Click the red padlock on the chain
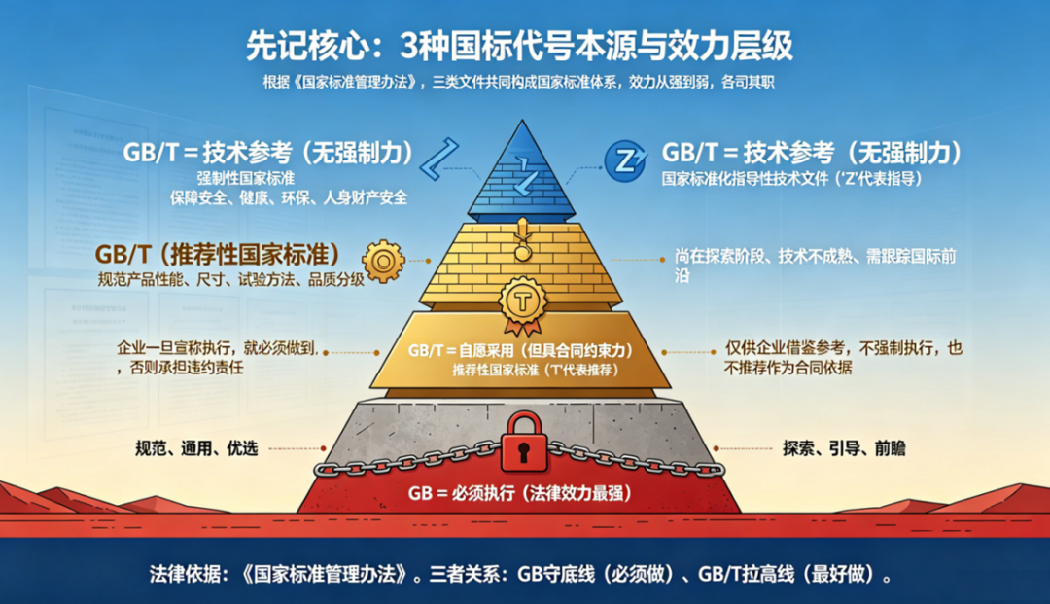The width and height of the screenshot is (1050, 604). pos(524,443)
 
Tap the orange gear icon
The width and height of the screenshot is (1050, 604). pos(383,262)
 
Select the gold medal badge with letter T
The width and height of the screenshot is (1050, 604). pos(522,305)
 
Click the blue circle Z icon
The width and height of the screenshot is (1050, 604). pos(625,160)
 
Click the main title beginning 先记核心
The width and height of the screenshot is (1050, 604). pos(519,46)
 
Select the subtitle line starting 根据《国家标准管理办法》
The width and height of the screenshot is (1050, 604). pos(518,83)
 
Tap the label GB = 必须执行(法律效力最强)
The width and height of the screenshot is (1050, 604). pos(519,493)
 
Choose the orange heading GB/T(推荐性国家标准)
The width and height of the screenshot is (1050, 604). pos(218,255)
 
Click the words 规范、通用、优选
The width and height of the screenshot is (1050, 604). pos(196,448)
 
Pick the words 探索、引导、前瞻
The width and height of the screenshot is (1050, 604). pos(844,448)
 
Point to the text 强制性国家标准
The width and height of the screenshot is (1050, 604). pos(246,178)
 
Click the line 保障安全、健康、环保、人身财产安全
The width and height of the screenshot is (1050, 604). pos(289,197)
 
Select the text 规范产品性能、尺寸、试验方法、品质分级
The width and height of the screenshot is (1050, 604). pos(231,279)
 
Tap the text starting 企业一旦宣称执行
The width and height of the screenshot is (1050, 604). pos(216,357)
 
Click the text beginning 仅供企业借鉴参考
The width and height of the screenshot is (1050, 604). pos(843,357)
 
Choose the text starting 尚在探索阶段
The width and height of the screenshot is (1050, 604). pos(815,266)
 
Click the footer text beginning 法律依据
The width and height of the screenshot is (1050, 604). pos(519,574)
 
